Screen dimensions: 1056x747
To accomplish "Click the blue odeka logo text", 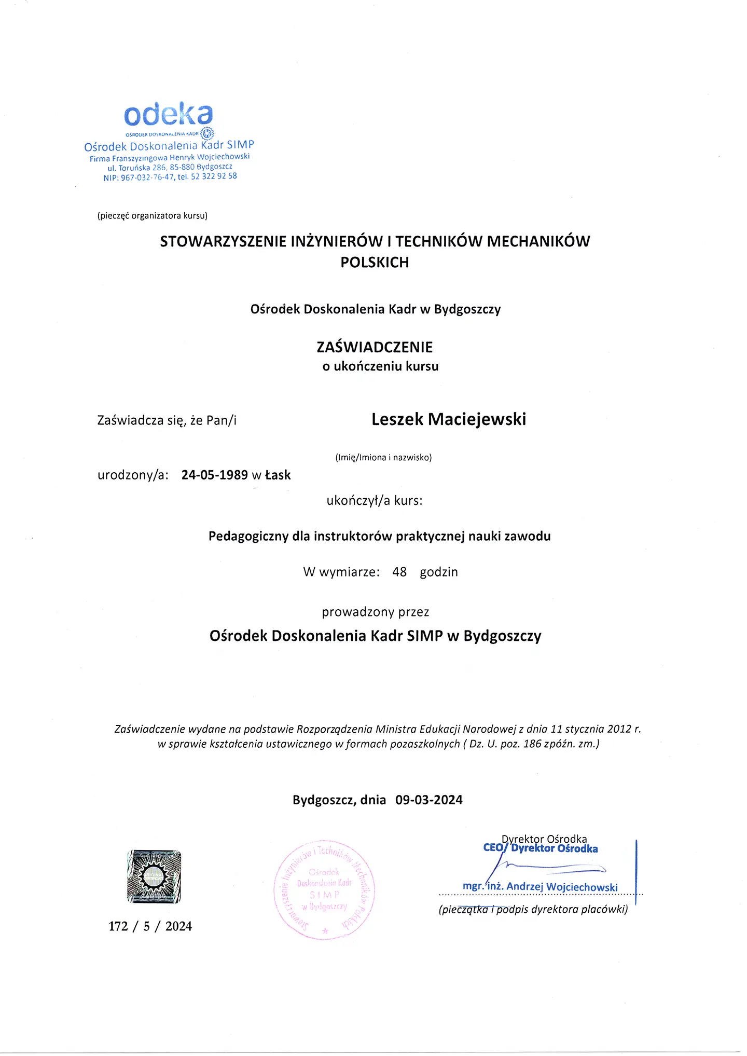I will [x=168, y=115].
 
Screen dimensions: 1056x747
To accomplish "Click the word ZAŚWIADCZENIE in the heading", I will [x=375, y=347].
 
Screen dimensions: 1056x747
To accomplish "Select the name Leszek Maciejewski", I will [x=449, y=419].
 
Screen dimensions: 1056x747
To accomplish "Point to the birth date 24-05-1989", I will [x=214, y=475].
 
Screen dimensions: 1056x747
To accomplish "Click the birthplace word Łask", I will [x=278, y=475].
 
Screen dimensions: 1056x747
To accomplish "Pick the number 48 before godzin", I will [x=399, y=572].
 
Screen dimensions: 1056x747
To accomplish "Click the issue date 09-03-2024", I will [x=429, y=800].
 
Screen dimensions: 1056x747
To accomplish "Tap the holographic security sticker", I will [x=154, y=876].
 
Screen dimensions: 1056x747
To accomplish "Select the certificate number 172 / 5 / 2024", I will [x=150, y=926].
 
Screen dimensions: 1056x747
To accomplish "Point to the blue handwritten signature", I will [x=545, y=868].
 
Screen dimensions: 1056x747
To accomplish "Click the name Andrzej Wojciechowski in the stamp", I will [x=562, y=887].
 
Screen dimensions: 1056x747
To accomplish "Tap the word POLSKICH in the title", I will [x=375, y=263].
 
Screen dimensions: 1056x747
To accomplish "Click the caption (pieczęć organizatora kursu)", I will [x=153, y=215].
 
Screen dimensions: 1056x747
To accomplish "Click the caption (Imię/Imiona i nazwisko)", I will [x=383, y=457].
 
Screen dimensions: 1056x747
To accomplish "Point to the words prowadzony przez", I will [x=376, y=612].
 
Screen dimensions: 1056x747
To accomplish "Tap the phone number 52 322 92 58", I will [x=214, y=176].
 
